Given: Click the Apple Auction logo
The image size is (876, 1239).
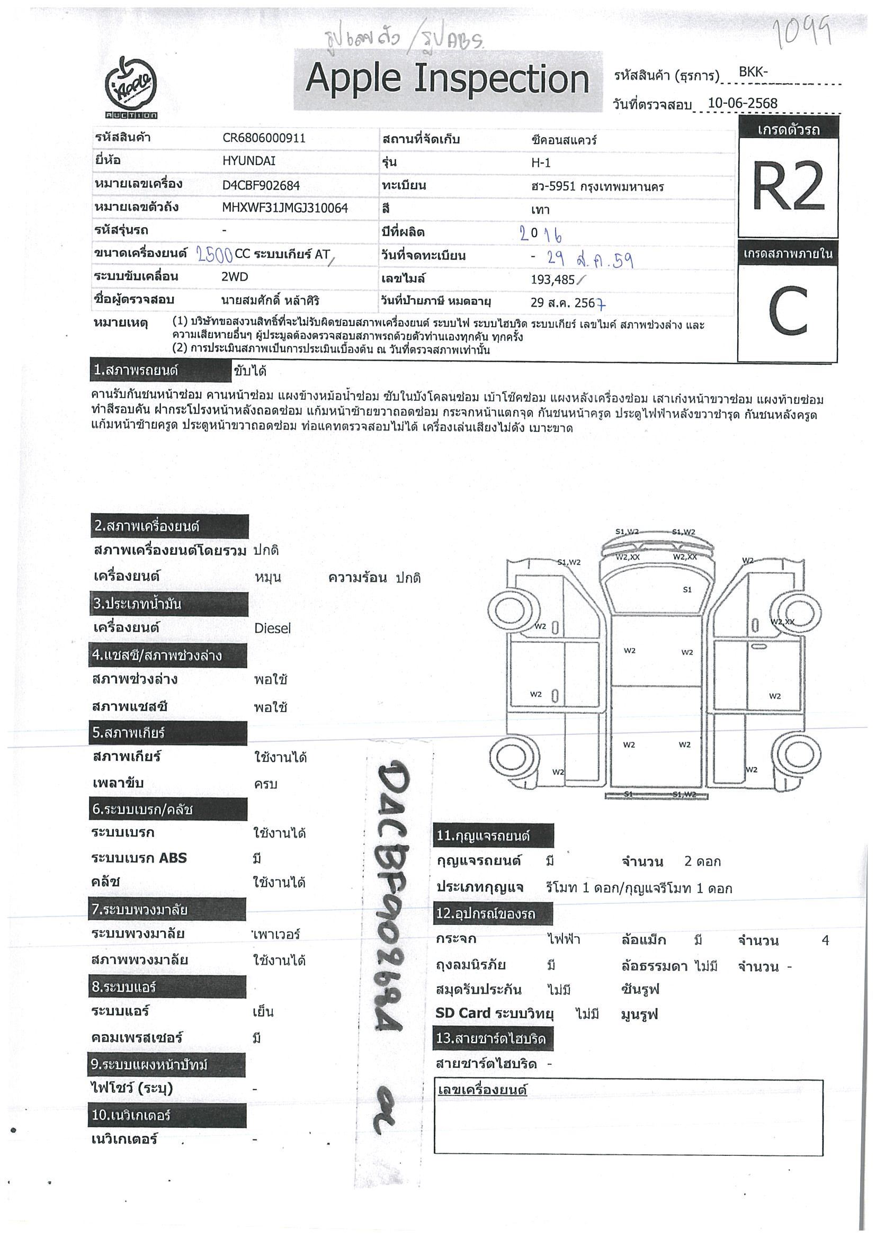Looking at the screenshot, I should [x=131, y=87].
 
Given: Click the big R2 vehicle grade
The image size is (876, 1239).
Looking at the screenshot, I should [x=788, y=187].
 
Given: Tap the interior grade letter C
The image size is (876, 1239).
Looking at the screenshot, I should [x=788, y=311].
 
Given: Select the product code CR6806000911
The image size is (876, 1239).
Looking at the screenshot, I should [x=264, y=138].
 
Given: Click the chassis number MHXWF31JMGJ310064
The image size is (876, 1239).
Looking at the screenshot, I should [x=285, y=208].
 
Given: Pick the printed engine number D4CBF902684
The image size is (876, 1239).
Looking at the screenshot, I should [x=261, y=185].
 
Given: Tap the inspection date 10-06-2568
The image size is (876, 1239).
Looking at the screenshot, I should [x=742, y=103].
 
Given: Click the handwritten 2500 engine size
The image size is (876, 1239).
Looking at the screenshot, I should [x=214, y=254].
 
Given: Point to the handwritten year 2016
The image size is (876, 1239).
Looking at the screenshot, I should [x=540, y=234].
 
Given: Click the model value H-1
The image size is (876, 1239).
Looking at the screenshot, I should [x=540, y=163].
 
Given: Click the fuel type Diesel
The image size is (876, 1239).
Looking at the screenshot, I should [x=272, y=628].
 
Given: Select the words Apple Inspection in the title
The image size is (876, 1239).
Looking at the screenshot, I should [x=447, y=79].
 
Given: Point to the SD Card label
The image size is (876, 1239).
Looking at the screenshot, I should [x=462, y=1013].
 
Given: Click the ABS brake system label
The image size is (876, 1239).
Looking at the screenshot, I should [x=139, y=858].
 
